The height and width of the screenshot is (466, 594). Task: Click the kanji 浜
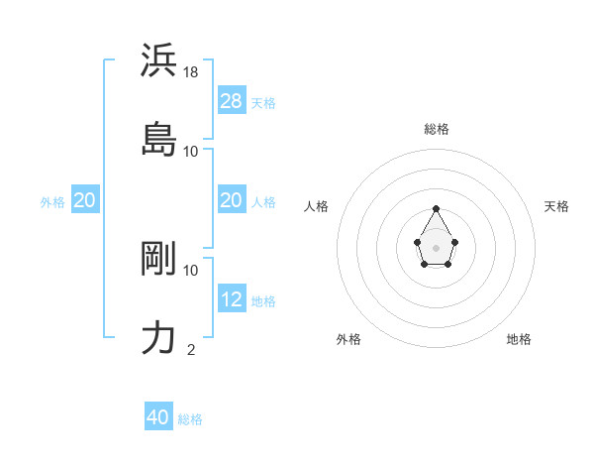(158, 61)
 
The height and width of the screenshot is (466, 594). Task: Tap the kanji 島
(158, 140)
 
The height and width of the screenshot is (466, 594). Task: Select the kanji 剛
(158, 259)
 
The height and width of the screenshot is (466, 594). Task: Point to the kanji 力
(158, 338)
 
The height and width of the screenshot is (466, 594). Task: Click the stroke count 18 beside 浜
(191, 72)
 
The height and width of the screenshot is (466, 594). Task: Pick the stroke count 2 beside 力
(191, 349)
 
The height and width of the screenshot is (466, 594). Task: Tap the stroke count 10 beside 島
(191, 151)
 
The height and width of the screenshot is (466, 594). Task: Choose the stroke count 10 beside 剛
(191, 270)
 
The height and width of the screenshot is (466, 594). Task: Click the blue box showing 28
(232, 101)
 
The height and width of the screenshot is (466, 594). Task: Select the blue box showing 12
(232, 299)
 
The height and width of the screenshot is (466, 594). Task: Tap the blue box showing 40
(158, 417)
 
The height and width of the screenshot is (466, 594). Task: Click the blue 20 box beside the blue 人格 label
(232, 200)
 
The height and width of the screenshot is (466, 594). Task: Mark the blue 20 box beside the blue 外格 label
(85, 200)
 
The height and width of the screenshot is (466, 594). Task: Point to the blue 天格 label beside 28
(263, 102)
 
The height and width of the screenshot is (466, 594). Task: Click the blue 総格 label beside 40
(190, 419)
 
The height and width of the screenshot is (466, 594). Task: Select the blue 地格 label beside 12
(263, 300)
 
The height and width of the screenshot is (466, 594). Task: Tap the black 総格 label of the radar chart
(437, 129)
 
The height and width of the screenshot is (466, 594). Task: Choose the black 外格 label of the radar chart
(348, 339)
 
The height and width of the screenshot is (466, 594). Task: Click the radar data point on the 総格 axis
(437, 208)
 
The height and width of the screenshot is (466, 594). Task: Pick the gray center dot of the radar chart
(437, 246)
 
